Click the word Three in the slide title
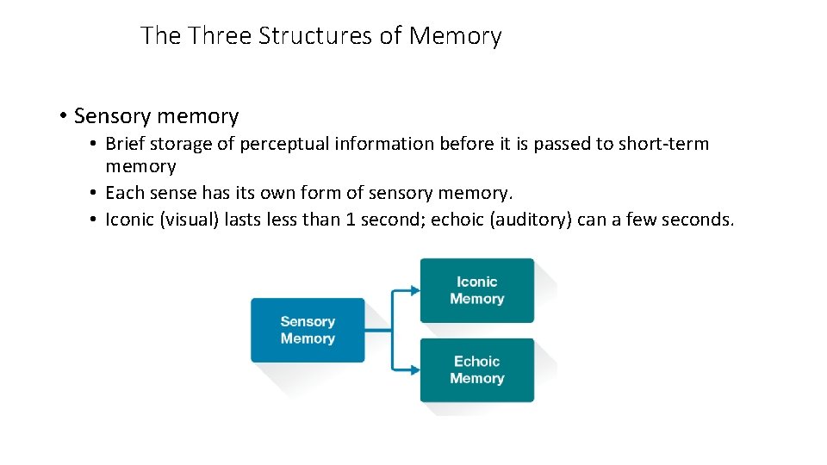click(220, 36)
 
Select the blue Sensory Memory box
click(308, 330)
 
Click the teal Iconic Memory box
click(476, 290)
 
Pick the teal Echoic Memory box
click(476, 370)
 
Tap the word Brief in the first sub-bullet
click(124, 144)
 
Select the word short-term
click(663, 144)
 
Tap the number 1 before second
click(351, 220)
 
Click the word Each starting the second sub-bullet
click(123, 193)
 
